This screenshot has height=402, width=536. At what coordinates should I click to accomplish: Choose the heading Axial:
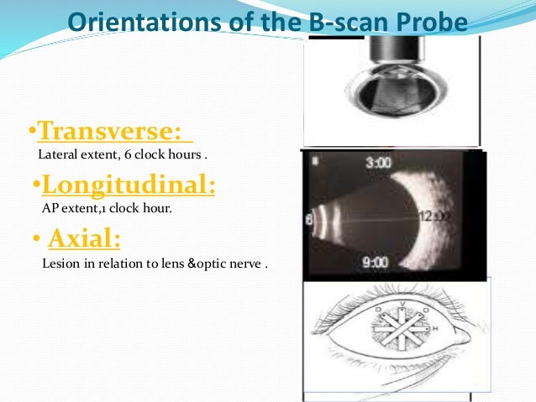click(x=84, y=239)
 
